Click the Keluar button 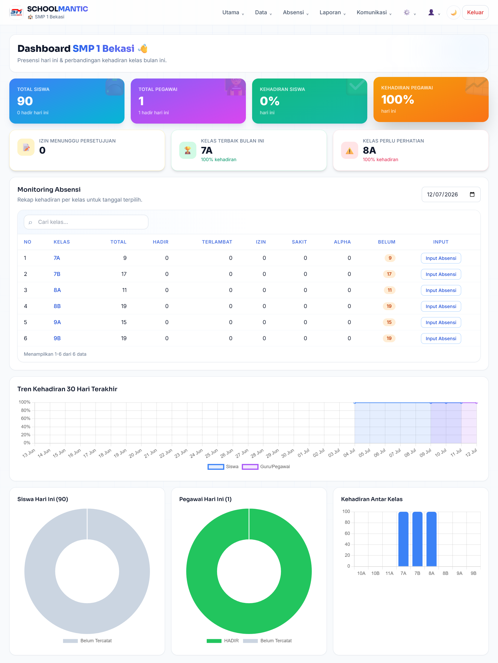coord(475,12)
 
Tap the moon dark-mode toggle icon coord(453,12)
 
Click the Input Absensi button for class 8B coord(441,306)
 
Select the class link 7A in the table coord(57,258)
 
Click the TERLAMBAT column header coord(217,242)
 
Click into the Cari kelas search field coord(86,222)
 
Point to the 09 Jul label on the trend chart coord(425,453)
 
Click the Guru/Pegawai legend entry coord(266,467)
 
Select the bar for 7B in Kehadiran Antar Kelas coord(417,539)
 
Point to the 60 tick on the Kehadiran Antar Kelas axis coord(347,533)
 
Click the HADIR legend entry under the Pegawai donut coord(223,641)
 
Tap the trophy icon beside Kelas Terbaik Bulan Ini coord(188,150)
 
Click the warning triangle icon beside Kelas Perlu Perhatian coord(349,150)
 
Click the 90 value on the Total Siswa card coord(25,101)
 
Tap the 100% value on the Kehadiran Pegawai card coord(398,99)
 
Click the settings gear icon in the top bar coord(407,12)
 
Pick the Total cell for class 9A coord(124,322)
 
